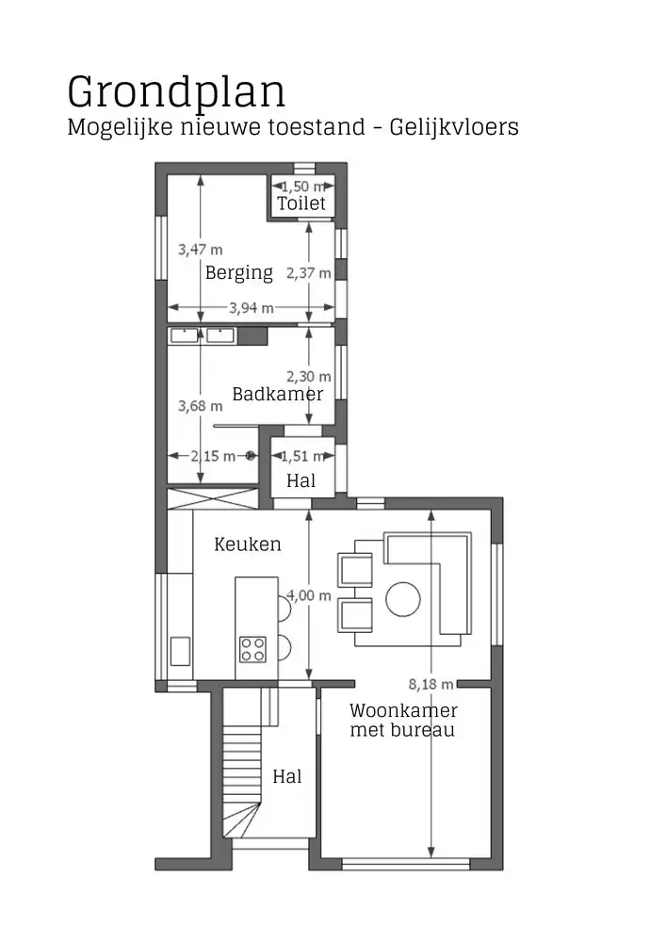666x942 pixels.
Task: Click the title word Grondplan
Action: [x=176, y=92]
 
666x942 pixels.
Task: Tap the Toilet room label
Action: [x=301, y=203]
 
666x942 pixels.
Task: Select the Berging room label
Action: [x=239, y=273]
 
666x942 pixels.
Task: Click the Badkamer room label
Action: [x=278, y=394]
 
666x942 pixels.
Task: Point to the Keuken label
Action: [x=248, y=544]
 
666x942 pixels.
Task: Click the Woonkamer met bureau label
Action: [x=403, y=720]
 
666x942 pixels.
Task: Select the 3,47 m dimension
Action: [x=201, y=250]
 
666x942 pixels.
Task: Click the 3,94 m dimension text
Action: [x=252, y=307]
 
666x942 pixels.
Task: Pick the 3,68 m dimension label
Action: [x=201, y=406]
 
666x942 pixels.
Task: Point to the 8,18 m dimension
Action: [x=430, y=684]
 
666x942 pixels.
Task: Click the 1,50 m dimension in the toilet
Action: [x=301, y=187]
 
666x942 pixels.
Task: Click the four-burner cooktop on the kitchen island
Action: [x=252, y=648]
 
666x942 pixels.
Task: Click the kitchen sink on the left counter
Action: [x=180, y=651]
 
